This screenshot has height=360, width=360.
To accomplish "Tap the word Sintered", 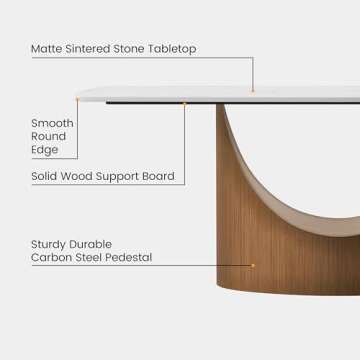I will [x=94, y=48].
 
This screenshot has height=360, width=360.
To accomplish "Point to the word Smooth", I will [x=52, y=123].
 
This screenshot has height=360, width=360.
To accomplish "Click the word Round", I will [x=48, y=136].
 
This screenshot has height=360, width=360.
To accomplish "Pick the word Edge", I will [x=44, y=150].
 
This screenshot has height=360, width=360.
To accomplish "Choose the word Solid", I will [x=44, y=177].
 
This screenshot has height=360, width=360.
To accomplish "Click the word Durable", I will [x=92, y=244].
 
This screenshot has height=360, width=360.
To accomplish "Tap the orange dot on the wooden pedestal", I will [x=253, y=265].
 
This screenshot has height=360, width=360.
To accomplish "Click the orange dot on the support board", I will [x=185, y=103].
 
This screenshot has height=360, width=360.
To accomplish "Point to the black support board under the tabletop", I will [x=150, y=102].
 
